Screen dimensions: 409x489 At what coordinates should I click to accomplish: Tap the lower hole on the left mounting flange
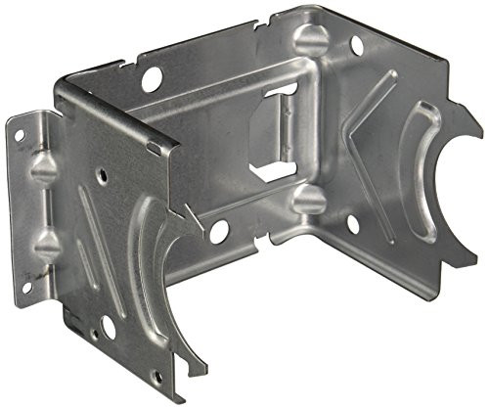click(27, 287)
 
